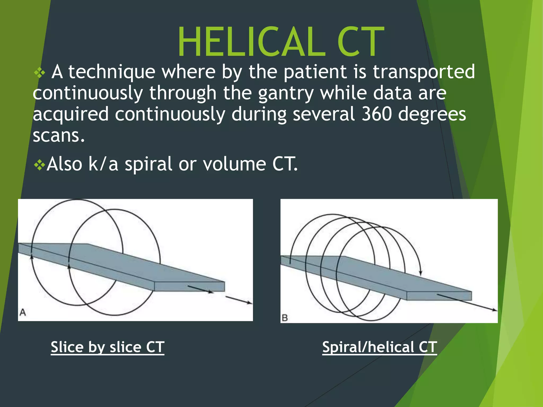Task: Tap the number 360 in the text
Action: [x=376, y=114]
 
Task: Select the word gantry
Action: [x=286, y=93]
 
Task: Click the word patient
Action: [x=315, y=72]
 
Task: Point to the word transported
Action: [x=424, y=72]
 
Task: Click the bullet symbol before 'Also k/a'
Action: [x=40, y=166]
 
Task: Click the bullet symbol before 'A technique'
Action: [x=40, y=73]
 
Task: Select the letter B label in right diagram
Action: [x=285, y=318]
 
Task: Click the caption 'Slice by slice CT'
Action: [x=107, y=347]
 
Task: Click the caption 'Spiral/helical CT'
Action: [x=379, y=347]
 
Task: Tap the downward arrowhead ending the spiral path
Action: [x=421, y=273]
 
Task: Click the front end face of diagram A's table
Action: [x=190, y=287]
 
